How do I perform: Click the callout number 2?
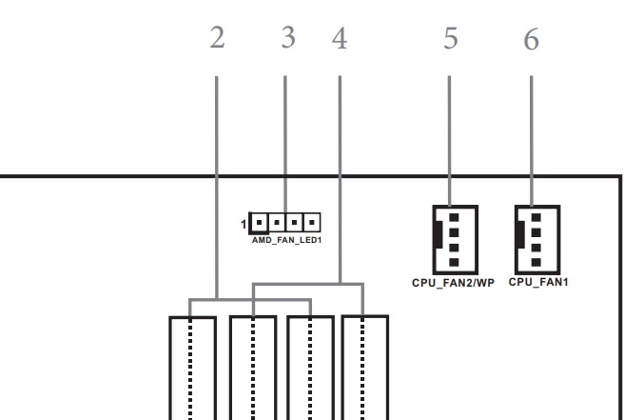[217, 40]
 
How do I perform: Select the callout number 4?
[340, 40]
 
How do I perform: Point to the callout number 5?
[451, 40]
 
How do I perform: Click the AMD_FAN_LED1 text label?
[286, 242]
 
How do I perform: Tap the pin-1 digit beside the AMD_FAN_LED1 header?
[244, 226]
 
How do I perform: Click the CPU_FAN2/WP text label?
[454, 283]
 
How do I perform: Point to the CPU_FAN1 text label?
[538, 282]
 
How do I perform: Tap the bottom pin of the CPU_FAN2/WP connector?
[454, 261]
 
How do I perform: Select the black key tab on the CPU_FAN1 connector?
[518, 237]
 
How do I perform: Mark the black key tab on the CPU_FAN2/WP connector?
[437, 238]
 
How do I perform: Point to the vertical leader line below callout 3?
[285, 143]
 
